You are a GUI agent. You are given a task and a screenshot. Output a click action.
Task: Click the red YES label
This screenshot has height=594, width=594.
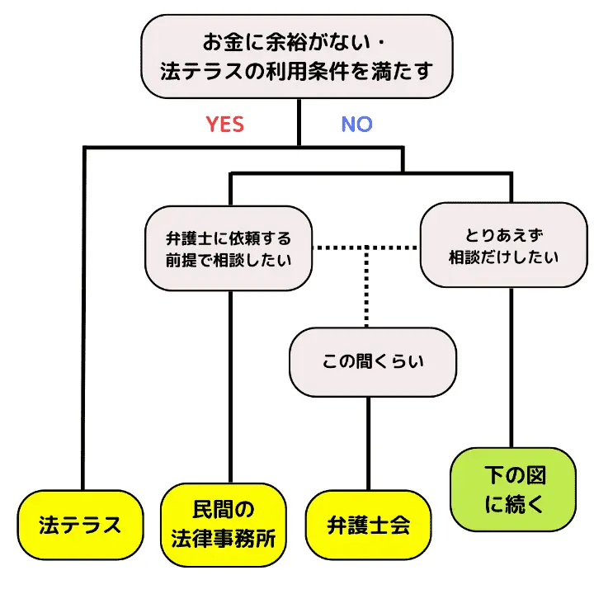[x=224, y=124]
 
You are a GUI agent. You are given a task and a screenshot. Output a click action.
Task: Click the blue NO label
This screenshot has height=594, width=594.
[x=356, y=124]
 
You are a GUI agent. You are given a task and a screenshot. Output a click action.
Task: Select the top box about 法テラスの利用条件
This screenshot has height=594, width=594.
[x=297, y=56]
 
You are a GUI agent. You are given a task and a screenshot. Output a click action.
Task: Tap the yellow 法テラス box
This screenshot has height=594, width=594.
[x=80, y=525]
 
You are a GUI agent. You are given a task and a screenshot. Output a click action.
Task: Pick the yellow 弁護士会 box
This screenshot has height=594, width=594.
[x=368, y=525]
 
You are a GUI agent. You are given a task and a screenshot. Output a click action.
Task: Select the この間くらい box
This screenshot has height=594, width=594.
[x=371, y=361]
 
